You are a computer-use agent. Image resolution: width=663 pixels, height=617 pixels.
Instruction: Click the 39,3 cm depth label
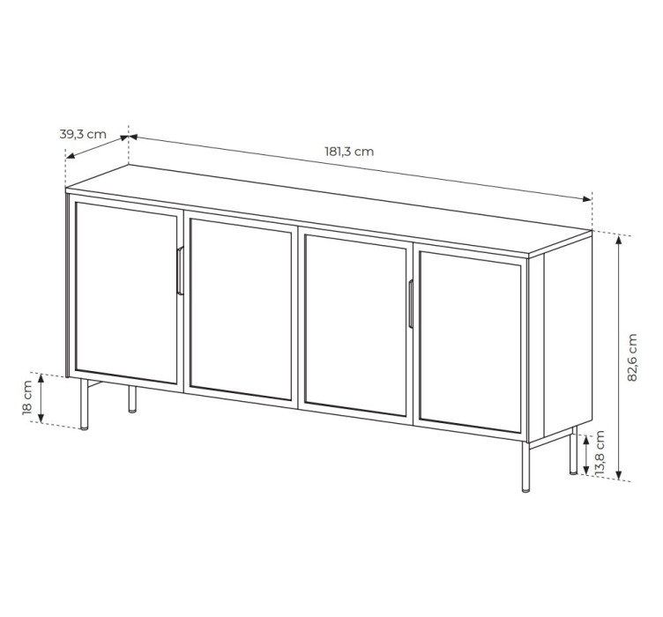click(x=83, y=134)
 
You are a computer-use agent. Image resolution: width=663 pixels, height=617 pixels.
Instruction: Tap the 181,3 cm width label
click(x=349, y=152)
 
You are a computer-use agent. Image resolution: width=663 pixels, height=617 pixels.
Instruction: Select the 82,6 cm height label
click(x=632, y=358)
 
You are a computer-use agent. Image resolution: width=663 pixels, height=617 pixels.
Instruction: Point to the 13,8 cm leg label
click(x=600, y=453)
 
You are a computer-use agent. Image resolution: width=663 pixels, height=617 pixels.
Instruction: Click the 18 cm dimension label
click(x=27, y=398)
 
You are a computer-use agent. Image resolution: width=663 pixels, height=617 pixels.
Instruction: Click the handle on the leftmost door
click(x=180, y=271)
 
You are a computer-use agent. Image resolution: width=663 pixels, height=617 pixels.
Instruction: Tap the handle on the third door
click(x=411, y=303)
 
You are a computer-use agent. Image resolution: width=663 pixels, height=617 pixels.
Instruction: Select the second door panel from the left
click(x=241, y=309)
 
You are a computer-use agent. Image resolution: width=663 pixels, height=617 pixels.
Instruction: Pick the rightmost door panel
click(x=470, y=342)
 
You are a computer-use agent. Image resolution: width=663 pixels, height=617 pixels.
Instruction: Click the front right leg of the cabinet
click(x=525, y=466)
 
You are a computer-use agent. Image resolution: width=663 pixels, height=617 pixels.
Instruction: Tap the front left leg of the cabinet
click(x=85, y=405)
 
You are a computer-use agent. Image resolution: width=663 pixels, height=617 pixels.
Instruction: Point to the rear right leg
click(x=573, y=450)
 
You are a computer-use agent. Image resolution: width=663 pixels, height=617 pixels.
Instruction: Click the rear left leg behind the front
click(x=132, y=398)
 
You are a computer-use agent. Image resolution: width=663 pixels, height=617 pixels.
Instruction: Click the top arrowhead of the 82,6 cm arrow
click(x=619, y=241)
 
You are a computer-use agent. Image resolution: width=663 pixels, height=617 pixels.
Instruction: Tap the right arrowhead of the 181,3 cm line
click(x=586, y=199)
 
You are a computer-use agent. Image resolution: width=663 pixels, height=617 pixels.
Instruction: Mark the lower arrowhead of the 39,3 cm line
click(x=71, y=156)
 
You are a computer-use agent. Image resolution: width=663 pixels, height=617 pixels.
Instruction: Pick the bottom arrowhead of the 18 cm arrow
click(x=41, y=418)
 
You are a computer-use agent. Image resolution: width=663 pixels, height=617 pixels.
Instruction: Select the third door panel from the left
click(x=355, y=326)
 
